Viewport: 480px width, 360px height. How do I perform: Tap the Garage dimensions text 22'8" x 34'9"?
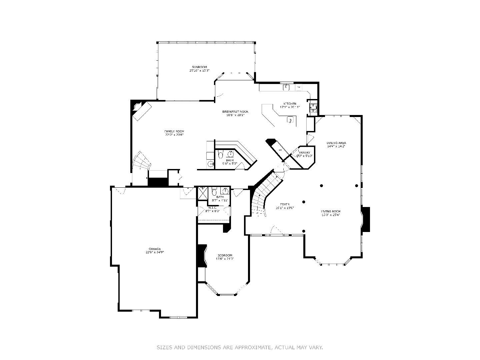click(155, 252)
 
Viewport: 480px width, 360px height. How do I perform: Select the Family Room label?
click(174, 131)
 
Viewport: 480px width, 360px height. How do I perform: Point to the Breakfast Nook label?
click(235, 112)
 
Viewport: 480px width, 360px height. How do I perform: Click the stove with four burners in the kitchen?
click(313, 107)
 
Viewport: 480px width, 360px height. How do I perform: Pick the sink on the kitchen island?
click(290, 119)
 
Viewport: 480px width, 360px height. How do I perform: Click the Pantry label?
click(304, 152)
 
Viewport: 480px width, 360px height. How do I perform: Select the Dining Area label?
click(336, 143)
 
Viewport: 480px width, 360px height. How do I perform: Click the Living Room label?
click(331, 211)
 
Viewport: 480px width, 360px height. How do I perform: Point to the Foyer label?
click(284, 204)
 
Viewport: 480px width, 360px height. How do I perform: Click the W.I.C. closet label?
click(213, 207)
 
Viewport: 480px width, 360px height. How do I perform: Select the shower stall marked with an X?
click(203, 193)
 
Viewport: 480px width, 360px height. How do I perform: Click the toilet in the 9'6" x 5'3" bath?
click(220, 155)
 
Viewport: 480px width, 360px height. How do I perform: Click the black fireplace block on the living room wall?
click(366, 219)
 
